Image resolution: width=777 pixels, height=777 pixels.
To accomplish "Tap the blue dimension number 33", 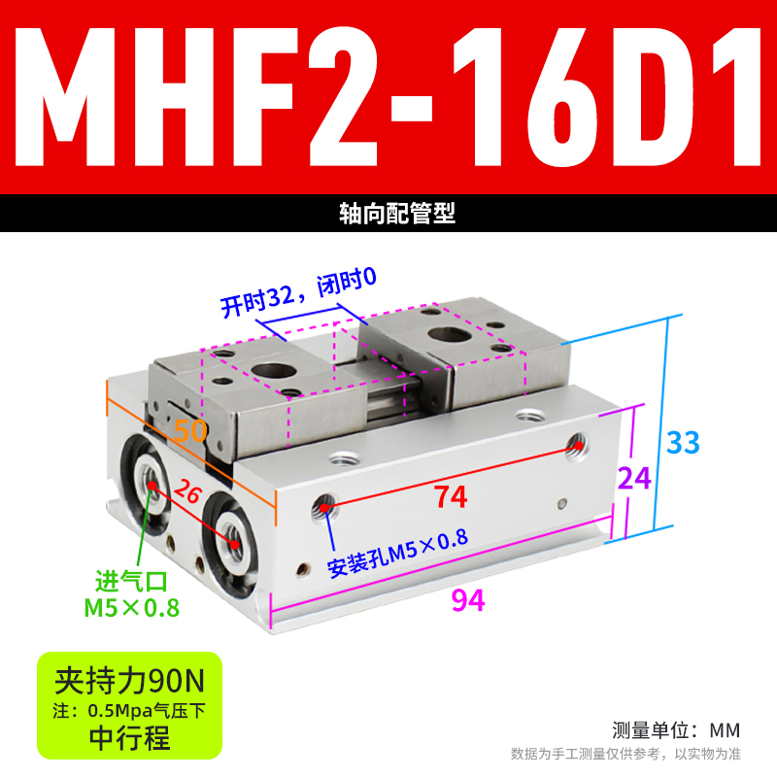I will click(x=683, y=443).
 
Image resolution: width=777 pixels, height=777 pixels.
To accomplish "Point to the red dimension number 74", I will click(x=451, y=496).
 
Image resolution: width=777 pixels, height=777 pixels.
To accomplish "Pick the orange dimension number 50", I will click(x=189, y=430).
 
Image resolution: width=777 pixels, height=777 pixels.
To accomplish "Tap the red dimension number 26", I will click(x=189, y=493).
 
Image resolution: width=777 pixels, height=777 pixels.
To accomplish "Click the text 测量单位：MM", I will click(x=676, y=729).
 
